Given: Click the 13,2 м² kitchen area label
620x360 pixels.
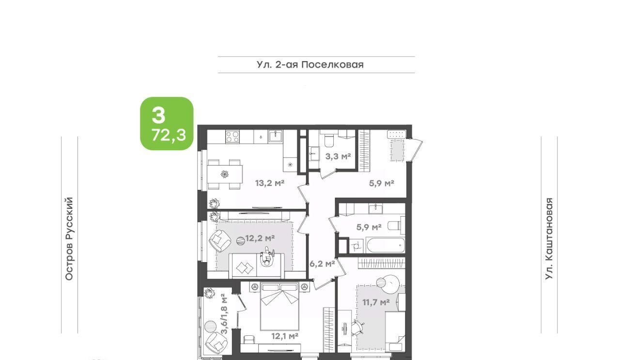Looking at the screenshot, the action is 270,183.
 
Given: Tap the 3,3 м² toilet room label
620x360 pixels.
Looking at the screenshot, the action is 338,157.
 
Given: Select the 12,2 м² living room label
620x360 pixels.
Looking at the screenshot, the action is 260,238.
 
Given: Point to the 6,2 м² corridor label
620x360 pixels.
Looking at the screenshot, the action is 322,264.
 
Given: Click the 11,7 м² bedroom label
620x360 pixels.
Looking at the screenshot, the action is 376,302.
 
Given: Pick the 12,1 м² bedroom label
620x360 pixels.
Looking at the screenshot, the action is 285,336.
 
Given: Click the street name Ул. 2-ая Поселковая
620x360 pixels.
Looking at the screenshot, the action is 310,64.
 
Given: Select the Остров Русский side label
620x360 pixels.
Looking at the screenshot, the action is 69,239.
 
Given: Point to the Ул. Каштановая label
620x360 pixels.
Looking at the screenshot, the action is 549,239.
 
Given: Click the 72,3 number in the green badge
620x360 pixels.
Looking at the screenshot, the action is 169,135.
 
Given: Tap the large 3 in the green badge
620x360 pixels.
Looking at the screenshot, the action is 158,115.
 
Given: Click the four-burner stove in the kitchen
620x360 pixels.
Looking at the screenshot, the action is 232,137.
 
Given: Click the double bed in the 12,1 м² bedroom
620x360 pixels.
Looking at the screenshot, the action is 279,306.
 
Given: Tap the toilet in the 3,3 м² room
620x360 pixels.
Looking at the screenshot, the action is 329,141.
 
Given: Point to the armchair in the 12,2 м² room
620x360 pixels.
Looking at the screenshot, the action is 220,241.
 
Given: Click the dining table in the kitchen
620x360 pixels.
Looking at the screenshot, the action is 225,174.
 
